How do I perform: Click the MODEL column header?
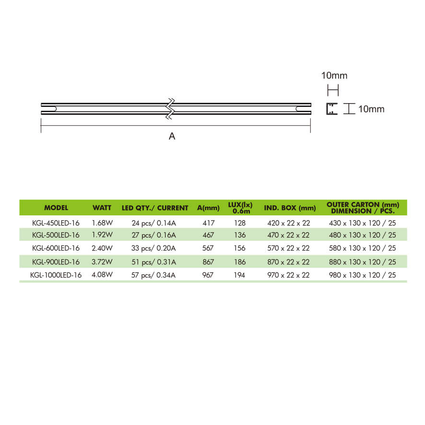coord(56,208)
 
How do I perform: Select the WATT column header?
coord(102,208)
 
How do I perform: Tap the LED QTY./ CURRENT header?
coord(154,208)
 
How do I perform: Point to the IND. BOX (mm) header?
coord(290,208)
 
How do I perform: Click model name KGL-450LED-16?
coord(56,223)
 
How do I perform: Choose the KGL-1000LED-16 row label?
coord(56,275)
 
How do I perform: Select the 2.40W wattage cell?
coord(102,248)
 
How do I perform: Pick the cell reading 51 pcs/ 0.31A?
coord(154,261)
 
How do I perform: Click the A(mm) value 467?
coord(209,235)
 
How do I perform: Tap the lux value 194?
coord(240,275)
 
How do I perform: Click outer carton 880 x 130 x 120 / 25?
coord(363,261)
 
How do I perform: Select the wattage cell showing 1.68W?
coord(102,223)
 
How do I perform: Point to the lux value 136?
coord(240,235)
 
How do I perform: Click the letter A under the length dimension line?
coord(172,136)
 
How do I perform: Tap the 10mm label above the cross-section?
coord(334,75)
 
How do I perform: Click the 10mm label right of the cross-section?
coord(371,109)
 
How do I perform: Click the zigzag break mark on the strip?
coord(170,109)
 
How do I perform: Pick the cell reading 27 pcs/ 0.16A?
coord(154,235)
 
